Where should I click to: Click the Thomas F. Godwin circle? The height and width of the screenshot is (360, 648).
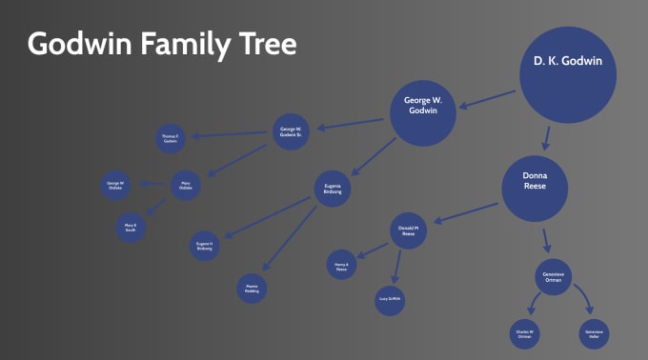171,139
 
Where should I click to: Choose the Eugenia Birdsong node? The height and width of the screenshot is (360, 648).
332,189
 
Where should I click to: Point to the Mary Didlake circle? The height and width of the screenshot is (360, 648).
186,185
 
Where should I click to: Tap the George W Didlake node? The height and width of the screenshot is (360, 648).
116,184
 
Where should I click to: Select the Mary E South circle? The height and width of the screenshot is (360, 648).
131,228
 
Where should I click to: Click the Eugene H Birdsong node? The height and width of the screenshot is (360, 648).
205,246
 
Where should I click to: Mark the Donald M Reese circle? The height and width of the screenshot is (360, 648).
408,230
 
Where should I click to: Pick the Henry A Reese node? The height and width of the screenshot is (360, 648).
342,265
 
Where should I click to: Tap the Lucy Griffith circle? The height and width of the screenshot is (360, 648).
390,299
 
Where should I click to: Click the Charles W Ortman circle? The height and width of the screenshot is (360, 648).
525,333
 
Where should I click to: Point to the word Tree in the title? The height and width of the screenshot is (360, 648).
266,44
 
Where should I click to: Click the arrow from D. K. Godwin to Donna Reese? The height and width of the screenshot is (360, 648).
545,134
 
